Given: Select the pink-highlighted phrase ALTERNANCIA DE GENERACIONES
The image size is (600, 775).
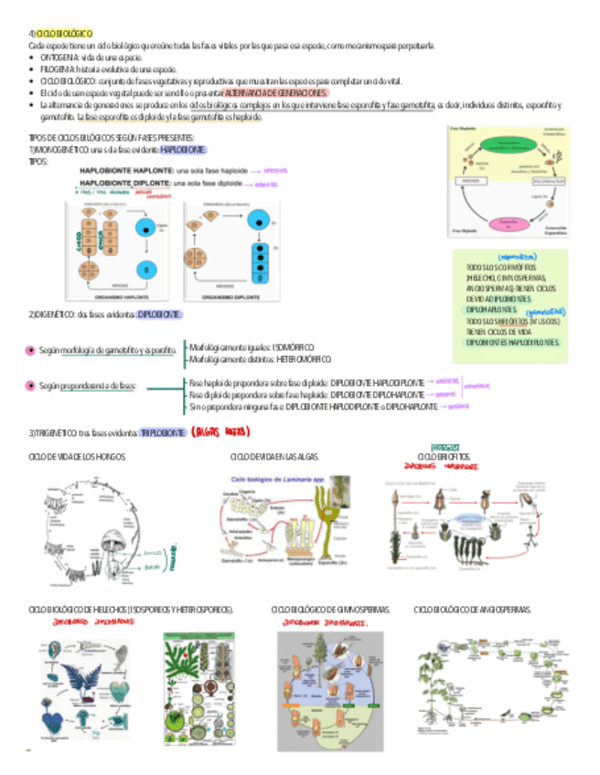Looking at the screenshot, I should pos(274,93).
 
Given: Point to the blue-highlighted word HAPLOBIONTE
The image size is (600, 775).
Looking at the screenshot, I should pos(183,149).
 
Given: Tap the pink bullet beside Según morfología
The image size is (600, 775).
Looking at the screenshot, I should pos(31,350).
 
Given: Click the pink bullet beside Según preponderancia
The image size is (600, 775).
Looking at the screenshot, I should pos(31,387).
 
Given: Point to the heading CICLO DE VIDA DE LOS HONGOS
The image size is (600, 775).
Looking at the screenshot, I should pos(77,456).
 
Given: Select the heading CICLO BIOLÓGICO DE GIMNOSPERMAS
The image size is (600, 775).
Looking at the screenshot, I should pos(330,609).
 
